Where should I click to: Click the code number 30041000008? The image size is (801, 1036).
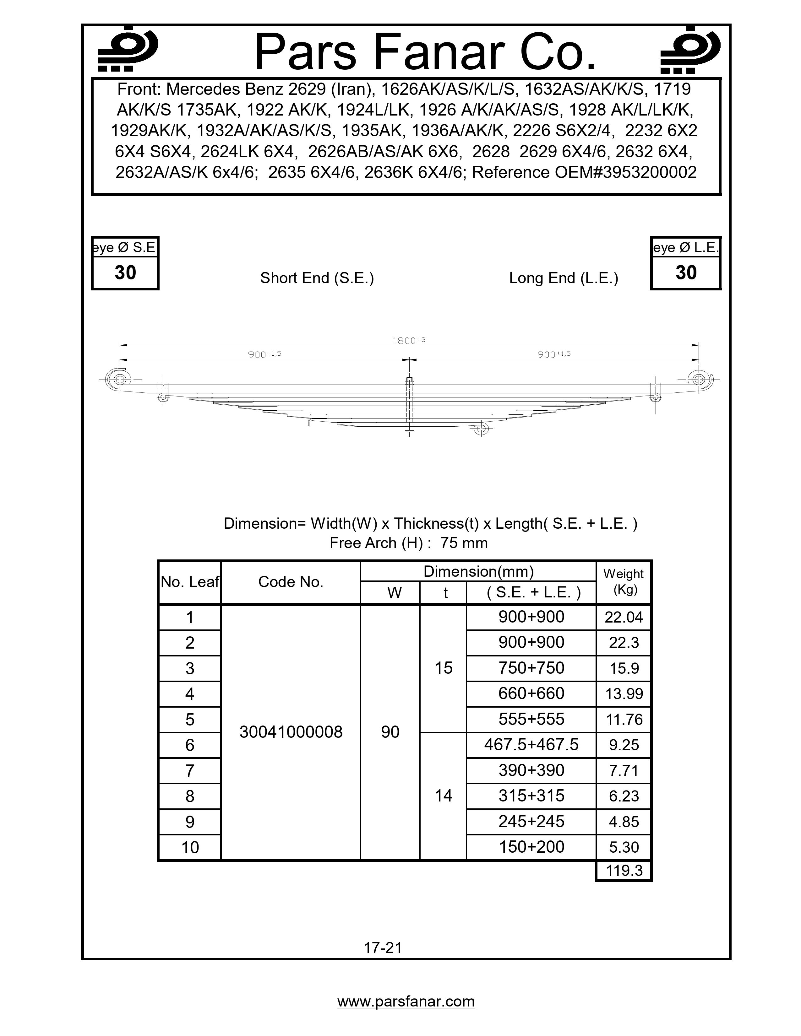tap(291, 732)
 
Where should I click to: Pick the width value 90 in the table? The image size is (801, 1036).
tap(390, 732)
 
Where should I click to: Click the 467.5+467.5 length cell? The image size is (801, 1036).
tap(531, 745)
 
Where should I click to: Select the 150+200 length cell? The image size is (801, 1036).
tap(531, 847)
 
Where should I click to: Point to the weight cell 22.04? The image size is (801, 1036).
tap(624, 617)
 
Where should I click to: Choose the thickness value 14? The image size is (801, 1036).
tap(443, 796)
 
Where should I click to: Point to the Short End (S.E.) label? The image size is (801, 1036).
tap(317, 278)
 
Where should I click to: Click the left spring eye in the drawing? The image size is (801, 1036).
tap(120, 380)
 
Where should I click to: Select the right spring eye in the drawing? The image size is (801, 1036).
tap(699, 380)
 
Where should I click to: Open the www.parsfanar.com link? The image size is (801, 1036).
tap(406, 1001)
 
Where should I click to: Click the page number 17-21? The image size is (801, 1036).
tap(383, 948)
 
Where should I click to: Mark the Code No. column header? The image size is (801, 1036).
tap(291, 582)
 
